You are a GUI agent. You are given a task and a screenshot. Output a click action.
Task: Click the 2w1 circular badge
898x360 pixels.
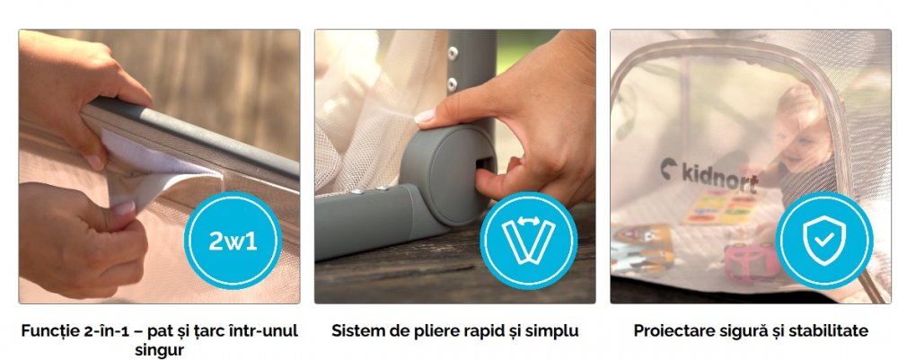[x=233, y=241]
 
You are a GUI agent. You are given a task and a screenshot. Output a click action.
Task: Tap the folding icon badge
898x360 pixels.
[x=529, y=241]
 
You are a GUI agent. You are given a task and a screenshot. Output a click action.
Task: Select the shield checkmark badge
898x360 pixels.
[x=824, y=241]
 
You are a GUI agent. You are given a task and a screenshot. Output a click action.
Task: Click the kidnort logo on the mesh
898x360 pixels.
[x=709, y=175]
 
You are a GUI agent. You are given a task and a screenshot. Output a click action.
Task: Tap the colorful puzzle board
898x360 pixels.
[x=723, y=207]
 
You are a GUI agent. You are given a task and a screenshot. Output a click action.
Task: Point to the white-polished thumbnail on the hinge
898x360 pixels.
[x=425, y=116]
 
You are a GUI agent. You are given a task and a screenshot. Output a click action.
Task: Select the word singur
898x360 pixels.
[x=160, y=350]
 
